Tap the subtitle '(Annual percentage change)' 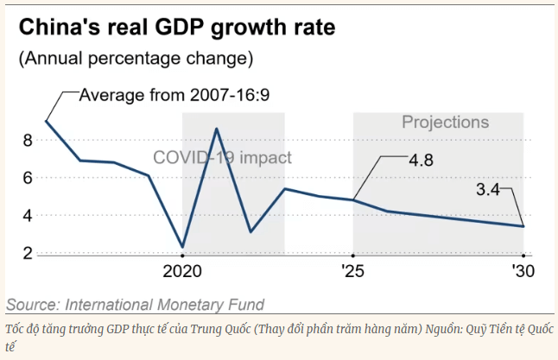136,59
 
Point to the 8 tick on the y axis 28,140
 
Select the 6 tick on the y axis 28,178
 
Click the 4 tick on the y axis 28,216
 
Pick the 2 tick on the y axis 28,254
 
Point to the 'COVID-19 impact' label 223,158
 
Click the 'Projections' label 445,123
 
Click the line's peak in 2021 216,129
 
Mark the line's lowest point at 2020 182,247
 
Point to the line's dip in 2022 250,231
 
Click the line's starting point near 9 46,121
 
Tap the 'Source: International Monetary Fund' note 136,304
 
